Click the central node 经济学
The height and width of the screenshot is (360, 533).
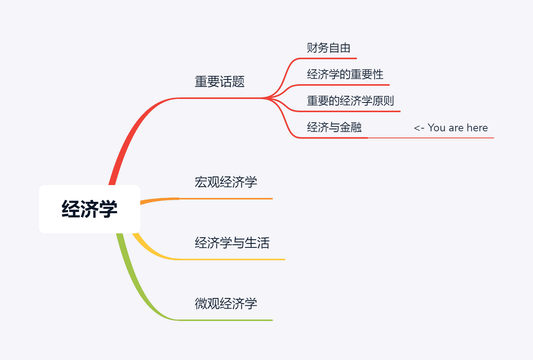tap(89, 209)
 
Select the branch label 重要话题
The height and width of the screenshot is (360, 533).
tap(219, 82)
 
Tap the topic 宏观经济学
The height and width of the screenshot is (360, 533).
tap(226, 182)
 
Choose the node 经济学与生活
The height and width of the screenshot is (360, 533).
tap(232, 243)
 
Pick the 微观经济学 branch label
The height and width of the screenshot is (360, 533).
tap(226, 304)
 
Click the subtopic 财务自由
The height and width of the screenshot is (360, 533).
tap(328, 48)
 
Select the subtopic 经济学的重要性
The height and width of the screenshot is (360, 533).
tap(345, 74)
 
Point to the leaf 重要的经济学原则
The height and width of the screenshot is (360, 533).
tap(350, 101)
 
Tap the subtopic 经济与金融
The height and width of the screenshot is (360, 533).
tap(334, 127)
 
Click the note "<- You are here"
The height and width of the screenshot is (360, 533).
tap(451, 128)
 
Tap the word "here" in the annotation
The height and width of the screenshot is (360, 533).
tap(477, 128)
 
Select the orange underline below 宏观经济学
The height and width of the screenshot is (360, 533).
tap(226, 199)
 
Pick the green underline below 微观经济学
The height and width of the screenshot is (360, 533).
tap(226, 320)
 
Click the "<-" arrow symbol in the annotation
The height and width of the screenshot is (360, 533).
tap(419, 128)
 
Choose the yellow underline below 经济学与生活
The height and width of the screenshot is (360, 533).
tap(232, 259)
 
